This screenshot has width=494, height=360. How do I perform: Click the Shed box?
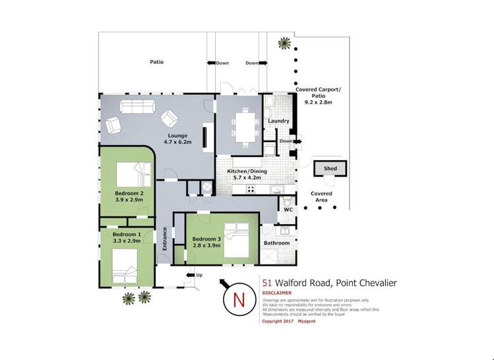(330, 169)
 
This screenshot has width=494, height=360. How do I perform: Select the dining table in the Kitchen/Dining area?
(244, 126)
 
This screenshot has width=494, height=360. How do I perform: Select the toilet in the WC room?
(288, 199)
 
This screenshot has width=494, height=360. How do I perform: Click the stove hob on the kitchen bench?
(251, 189)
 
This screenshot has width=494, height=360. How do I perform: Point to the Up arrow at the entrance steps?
(193, 274)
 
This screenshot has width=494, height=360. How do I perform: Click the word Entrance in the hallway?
(164, 238)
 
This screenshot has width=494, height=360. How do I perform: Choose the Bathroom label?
(276, 243)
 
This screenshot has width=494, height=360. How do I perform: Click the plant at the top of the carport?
(285, 44)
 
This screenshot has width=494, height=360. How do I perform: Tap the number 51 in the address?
(266, 283)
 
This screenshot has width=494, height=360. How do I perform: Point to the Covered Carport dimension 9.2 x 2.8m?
(319, 103)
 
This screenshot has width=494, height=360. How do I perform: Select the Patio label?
(156, 62)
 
